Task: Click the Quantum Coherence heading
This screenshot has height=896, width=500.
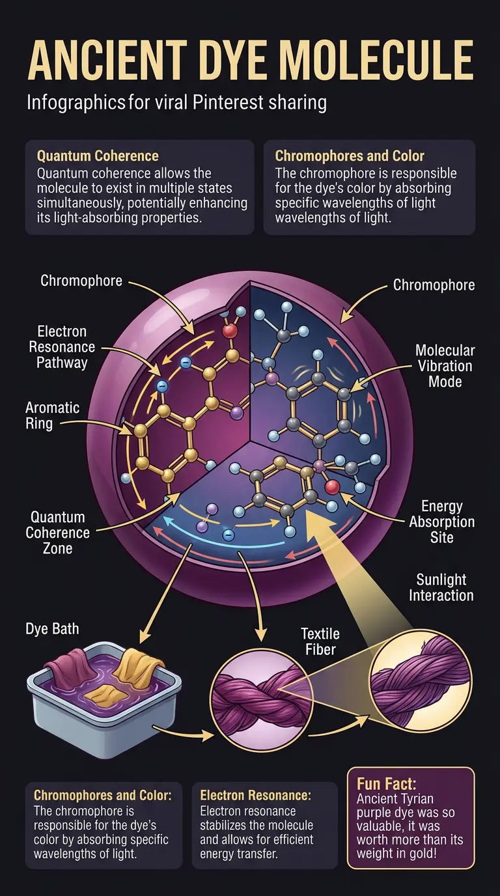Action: (x=98, y=156)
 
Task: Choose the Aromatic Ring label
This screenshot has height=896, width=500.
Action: (x=52, y=416)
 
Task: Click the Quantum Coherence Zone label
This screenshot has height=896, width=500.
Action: (x=58, y=533)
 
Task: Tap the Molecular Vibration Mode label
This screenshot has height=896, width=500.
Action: (x=445, y=365)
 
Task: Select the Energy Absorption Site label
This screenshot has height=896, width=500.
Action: (x=442, y=522)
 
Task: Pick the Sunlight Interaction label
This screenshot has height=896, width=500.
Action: (x=441, y=587)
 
